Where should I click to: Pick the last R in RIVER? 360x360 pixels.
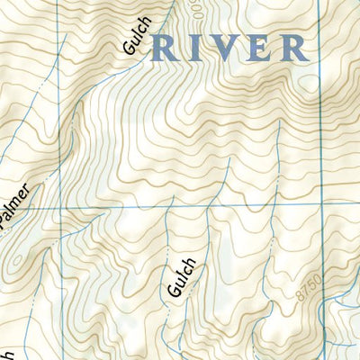293,47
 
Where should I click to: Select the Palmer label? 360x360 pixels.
20,209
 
